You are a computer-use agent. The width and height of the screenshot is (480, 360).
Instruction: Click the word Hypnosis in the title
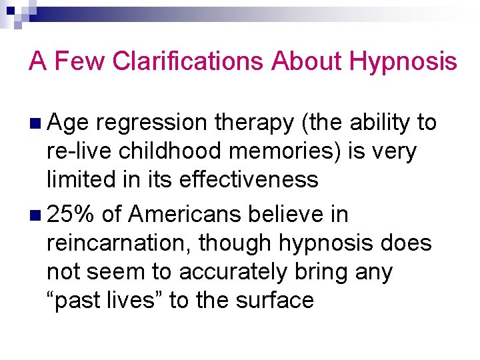pos(403,62)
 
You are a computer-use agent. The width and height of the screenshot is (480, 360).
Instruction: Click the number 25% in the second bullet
pos(71,215)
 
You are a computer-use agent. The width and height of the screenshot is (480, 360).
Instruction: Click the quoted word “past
pos(71,301)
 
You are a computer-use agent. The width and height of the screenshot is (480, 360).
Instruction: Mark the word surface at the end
pos(275,301)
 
